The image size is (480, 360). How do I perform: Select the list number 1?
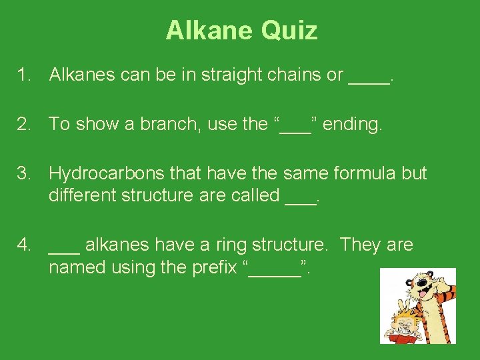[25, 75]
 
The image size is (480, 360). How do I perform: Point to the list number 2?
[25, 124]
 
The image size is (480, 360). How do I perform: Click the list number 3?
[25, 173]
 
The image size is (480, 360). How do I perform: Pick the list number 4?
[25, 245]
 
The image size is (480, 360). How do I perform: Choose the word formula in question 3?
[362, 173]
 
